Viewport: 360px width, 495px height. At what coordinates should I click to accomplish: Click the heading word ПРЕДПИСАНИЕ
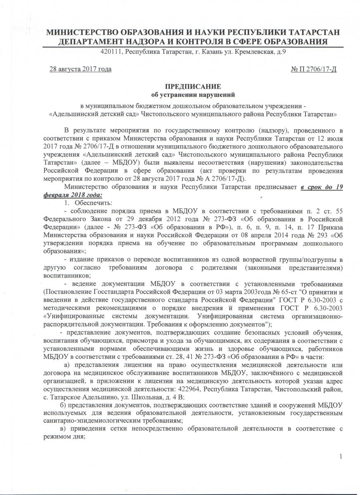193,86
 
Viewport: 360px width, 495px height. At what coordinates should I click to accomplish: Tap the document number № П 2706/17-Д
314,68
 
